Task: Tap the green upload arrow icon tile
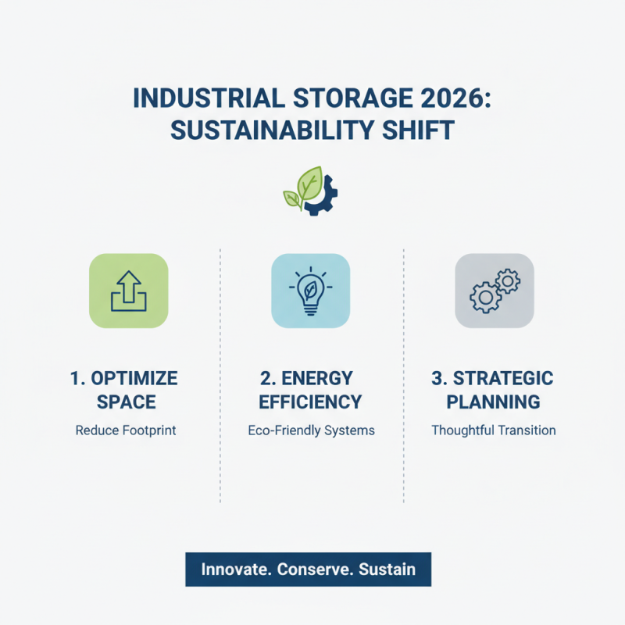tap(128, 290)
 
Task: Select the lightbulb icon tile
tap(311, 290)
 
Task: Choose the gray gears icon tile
tap(494, 290)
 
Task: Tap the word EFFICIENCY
tap(310, 403)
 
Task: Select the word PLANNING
tap(493, 403)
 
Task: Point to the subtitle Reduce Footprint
tap(126, 430)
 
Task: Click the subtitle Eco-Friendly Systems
tap(311, 430)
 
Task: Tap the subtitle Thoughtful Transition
tap(493, 430)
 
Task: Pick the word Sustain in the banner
tap(387, 570)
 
